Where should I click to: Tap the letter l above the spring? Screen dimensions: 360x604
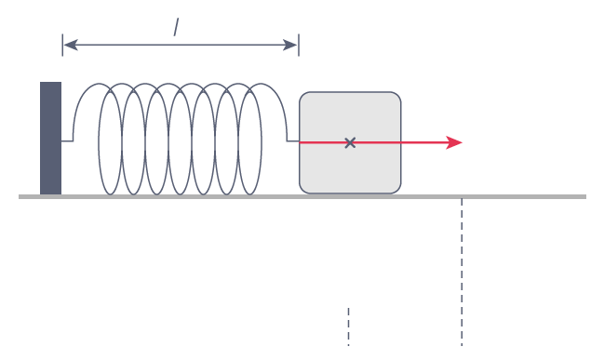click(x=176, y=27)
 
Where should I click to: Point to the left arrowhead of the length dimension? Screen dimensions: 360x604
click(x=67, y=44)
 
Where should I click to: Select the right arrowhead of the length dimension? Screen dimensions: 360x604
click(x=294, y=44)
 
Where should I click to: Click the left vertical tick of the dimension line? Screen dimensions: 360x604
click(x=62, y=44)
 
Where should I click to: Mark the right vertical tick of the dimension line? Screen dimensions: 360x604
click(x=298, y=44)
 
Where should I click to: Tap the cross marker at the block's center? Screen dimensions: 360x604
click(x=350, y=142)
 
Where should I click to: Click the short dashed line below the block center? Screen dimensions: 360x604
click(x=349, y=326)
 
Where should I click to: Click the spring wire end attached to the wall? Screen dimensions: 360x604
click(x=67, y=141)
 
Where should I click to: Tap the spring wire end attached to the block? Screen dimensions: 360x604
click(x=293, y=141)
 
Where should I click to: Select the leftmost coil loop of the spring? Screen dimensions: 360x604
click(x=110, y=140)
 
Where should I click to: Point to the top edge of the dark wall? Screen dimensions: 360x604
click(x=50, y=83)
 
